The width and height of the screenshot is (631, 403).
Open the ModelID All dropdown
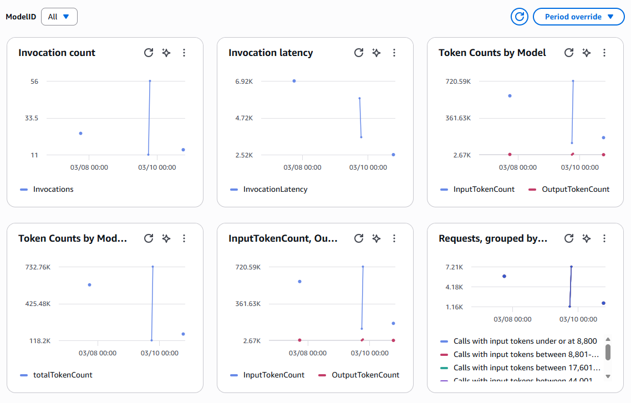tap(59, 17)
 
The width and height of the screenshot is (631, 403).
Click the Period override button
tap(579, 17)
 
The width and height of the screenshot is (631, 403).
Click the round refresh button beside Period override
tap(520, 17)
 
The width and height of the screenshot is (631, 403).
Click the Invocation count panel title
tap(57, 53)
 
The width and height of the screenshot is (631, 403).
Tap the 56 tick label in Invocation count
tap(34, 81)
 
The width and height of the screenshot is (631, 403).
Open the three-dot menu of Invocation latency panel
tap(394, 53)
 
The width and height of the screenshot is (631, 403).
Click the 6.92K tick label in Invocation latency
tap(244, 81)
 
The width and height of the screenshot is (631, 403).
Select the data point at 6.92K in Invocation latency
tap(294, 81)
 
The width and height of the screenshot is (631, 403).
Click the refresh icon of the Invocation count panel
tap(149, 53)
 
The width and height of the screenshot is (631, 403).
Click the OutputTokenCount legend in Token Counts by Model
tap(575, 189)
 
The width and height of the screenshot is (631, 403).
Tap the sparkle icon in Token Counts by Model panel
tap(587, 53)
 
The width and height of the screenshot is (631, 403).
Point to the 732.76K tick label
tap(38, 267)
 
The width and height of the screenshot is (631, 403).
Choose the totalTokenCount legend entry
tap(63, 375)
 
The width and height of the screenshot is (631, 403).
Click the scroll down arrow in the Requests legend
tap(608, 375)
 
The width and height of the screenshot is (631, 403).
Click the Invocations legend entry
tap(53, 189)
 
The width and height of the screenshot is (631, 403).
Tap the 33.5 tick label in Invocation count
tap(32, 118)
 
